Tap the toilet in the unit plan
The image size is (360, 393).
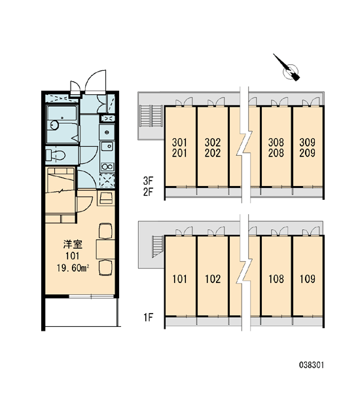56,155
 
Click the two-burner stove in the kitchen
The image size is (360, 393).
107,166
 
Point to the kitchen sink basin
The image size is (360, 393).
107,146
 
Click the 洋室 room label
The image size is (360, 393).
73,244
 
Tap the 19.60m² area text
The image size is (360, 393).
73,268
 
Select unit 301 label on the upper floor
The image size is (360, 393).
179,143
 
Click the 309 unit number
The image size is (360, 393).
307,143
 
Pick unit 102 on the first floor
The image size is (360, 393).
213,279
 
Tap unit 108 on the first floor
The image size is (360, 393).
276,279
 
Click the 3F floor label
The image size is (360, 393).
148,180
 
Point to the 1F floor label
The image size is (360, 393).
148,318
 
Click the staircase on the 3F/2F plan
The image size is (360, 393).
151,117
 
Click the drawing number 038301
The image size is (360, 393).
312,365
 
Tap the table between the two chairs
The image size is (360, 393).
105,249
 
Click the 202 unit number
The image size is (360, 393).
213,153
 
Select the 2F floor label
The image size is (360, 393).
148,192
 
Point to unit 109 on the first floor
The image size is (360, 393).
308,279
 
